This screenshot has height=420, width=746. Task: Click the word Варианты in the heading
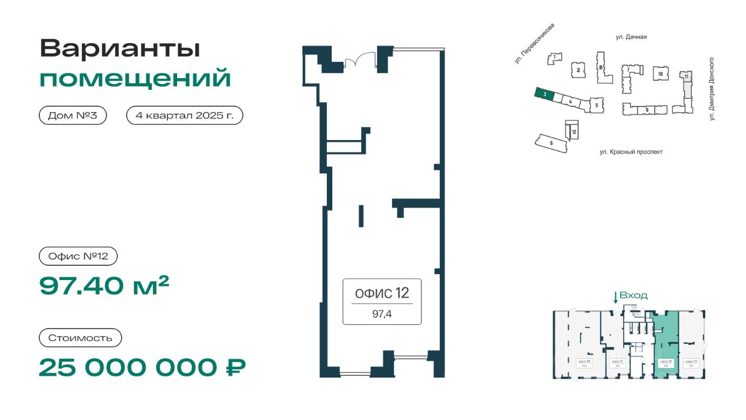(119, 48)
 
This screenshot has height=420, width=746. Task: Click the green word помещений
(135, 78)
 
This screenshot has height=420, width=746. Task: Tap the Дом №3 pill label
(73, 116)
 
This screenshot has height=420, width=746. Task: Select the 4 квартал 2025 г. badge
(184, 116)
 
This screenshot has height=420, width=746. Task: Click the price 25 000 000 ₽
(142, 367)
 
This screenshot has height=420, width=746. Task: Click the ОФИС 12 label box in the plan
(382, 301)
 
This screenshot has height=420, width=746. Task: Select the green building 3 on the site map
(543, 94)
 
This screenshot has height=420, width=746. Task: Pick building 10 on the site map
(660, 74)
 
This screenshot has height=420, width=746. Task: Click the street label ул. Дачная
(631, 37)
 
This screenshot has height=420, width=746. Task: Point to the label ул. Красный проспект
(631, 152)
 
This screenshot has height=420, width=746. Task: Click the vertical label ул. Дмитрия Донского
(712, 89)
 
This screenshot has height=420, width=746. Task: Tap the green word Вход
(634, 296)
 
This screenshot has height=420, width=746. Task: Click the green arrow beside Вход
(615, 297)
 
